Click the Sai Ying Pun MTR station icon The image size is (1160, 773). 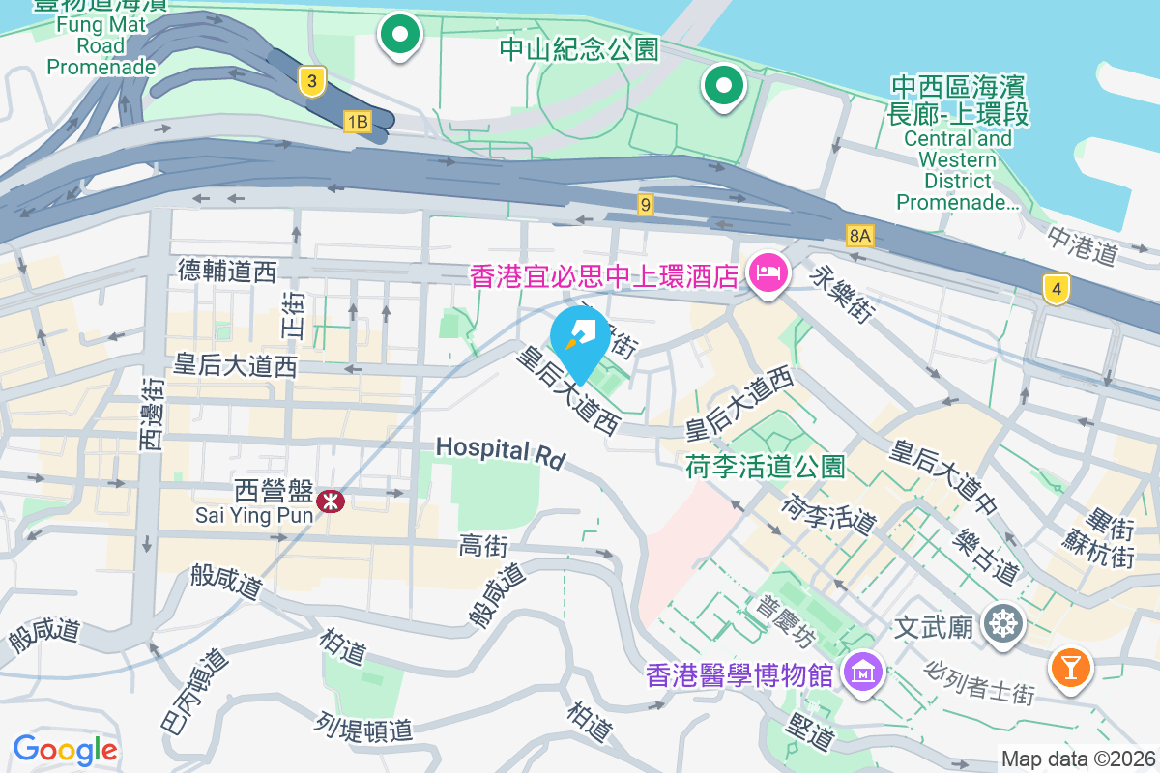click(331, 501)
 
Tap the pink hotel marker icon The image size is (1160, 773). click(769, 274)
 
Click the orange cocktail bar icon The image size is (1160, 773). click(1069, 667)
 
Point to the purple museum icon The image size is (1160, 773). click(860, 670)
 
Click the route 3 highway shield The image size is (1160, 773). click(310, 81)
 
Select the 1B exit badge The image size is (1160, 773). click(358, 121)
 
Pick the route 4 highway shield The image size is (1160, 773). click(1058, 288)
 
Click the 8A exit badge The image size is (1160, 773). click(859, 235)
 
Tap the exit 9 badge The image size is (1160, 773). click(646, 204)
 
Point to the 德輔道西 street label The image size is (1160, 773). click(227, 272)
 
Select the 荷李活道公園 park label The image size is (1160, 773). click(765, 468)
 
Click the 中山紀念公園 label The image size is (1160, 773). click(579, 48)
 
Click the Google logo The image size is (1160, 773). click(65, 749)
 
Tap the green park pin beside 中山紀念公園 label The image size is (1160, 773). click(722, 86)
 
